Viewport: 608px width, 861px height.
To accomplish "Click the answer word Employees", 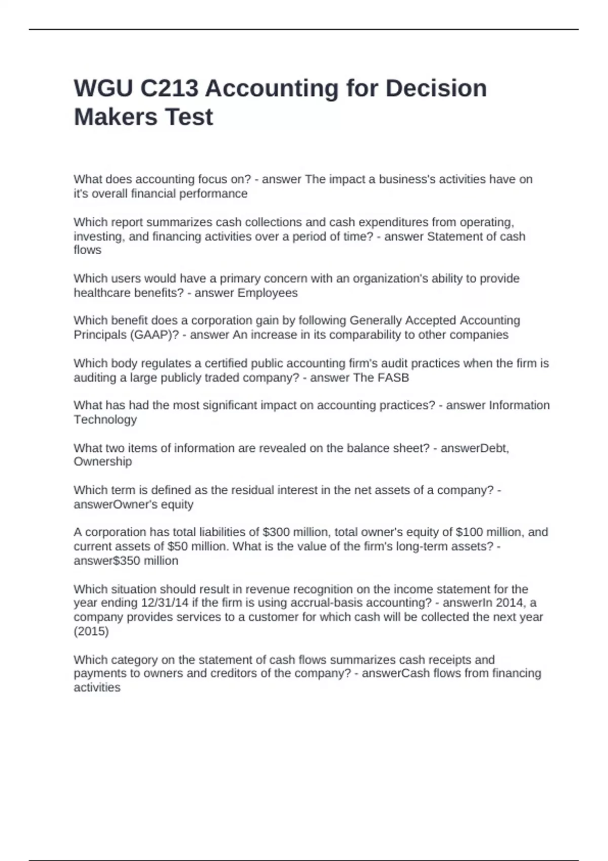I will [268, 293].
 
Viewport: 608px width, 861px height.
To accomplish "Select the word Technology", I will [105, 419].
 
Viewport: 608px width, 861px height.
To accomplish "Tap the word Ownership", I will [103, 461].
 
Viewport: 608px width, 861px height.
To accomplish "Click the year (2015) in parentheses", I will [91, 631].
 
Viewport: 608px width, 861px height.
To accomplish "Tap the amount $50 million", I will [195, 546].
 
